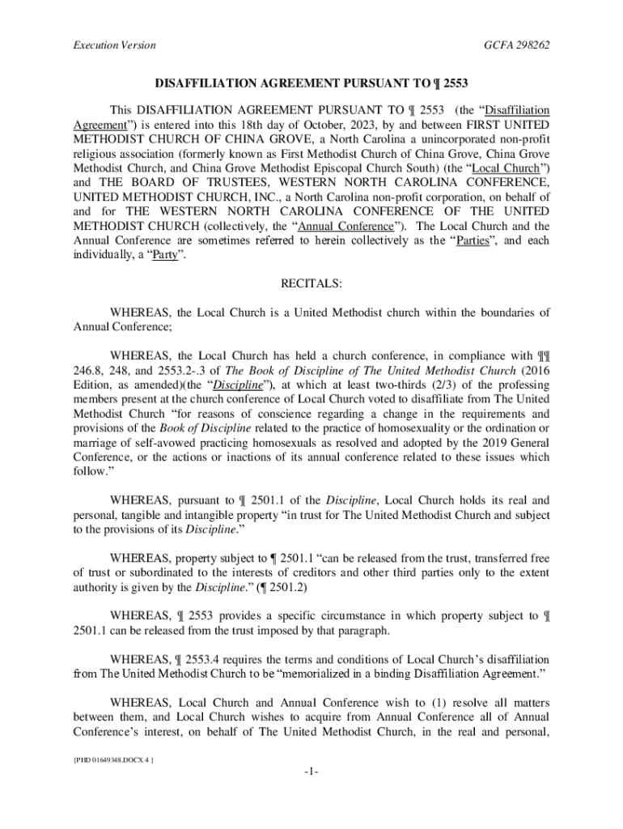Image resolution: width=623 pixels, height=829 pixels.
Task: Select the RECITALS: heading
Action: coord(311,284)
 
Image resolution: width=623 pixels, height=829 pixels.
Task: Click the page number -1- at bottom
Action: coord(311,772)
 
